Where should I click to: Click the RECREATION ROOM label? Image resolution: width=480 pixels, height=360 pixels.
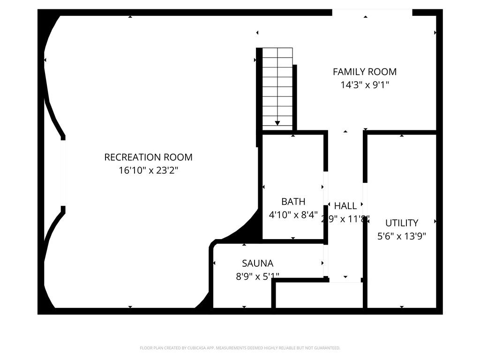tap(148, 157)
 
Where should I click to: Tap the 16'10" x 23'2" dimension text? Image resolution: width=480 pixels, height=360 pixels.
tap(148, 171)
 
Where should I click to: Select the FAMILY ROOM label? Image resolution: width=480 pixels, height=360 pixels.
tap(364, 72)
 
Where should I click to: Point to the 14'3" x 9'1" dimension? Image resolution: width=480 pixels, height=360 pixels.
tap(364, 85)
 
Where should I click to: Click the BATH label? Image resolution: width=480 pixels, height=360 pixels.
tap(293, 202)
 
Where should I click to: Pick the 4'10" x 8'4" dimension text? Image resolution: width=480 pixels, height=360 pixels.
tap(293, 215)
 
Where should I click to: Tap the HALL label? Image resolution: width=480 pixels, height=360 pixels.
tap(345, 205)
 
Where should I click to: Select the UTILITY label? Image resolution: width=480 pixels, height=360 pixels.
tap(401, 223)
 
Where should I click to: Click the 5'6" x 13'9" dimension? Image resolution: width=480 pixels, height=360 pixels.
tap(401, 237)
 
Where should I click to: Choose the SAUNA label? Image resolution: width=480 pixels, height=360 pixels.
tap(257, 263)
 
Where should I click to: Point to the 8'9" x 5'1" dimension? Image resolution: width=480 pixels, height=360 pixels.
tap(257, 277)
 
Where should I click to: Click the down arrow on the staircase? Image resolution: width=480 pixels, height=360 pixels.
tap(277, 123)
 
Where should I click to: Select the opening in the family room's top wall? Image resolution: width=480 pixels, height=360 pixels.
tap(372, 12)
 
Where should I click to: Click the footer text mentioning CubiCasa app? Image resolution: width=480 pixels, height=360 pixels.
tap(240, 348)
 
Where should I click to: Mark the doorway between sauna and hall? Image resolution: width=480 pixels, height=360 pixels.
tap(325, 261)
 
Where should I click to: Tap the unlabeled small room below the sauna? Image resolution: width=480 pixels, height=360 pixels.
tap(319, 295)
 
